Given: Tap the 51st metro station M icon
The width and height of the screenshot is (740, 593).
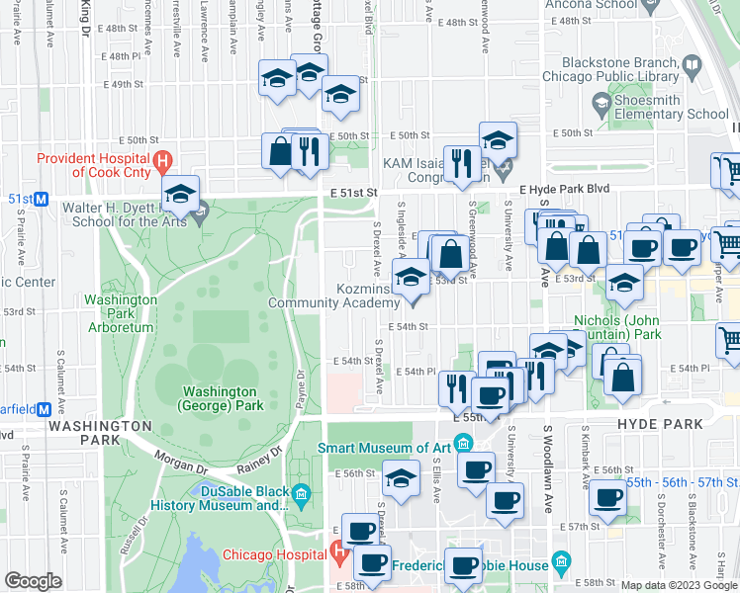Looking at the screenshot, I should click(43, 199).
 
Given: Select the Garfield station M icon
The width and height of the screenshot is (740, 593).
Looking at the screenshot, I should click(43, 408).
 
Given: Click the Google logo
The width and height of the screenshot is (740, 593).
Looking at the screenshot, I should click(34, 581).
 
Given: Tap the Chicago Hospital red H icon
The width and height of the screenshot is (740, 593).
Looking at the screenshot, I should click(338, 553).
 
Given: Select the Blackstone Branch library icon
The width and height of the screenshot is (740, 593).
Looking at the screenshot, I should click(692, 67).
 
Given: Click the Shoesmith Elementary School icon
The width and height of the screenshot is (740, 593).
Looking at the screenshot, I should click(601, 102).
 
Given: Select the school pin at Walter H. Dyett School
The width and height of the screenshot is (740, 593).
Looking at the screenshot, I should click(181, 196).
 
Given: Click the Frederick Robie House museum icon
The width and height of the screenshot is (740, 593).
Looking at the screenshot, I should click(561, 562).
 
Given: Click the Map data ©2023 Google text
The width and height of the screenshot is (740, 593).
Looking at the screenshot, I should click(678, 585).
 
